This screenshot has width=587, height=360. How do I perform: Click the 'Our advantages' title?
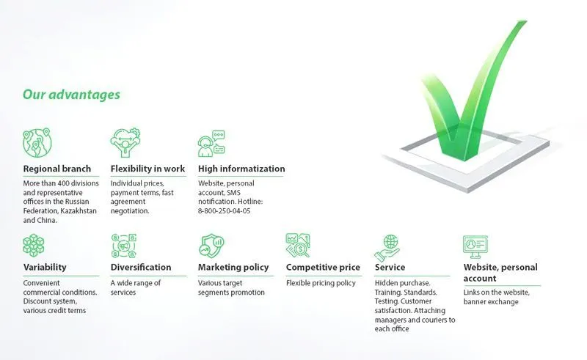tap(71, 95)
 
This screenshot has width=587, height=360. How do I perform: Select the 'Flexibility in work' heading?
tap(147, 169)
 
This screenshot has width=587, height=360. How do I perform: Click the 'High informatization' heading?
tap(241, 169)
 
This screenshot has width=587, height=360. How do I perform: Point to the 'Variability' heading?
tap(45, 267)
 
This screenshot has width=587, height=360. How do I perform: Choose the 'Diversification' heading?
tap(141, 267)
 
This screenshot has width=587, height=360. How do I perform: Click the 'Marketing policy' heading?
tap(233, 267)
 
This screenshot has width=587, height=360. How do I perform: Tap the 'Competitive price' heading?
tap(323, 267)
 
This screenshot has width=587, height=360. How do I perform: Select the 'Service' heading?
tap(390, 267)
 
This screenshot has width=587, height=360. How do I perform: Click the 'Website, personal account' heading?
tap(500, 272)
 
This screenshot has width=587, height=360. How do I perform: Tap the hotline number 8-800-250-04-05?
tap(225, 210)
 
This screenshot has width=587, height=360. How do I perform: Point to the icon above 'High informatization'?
tap(211, 144)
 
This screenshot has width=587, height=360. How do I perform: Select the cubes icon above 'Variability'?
tap(34, 245)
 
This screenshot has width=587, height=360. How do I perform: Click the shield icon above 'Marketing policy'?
tap(211, 245)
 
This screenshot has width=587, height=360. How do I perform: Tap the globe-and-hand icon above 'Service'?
tap(387, 246)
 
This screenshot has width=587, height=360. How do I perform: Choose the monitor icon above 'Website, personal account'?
tap(475, 245)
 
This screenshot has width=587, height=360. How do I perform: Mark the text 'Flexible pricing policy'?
tap(321, 283)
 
